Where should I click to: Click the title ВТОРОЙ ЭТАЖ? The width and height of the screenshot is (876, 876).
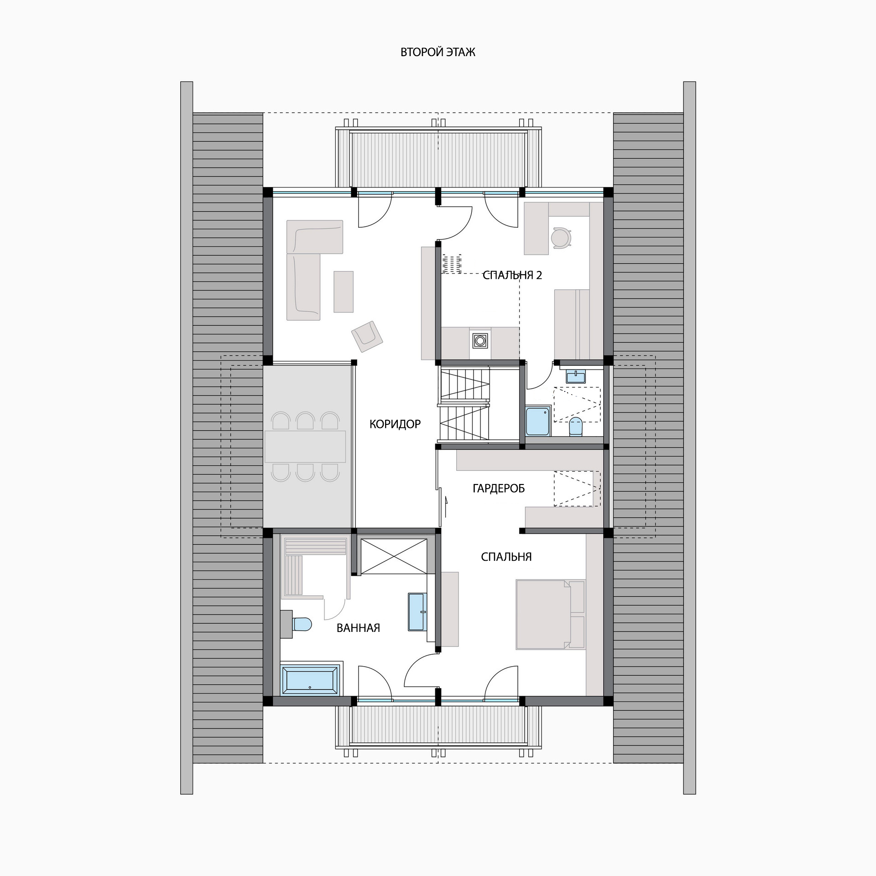point(438,52)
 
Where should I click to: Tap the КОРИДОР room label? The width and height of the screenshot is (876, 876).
point(395,424)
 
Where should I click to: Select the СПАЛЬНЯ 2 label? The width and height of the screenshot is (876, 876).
point(512,275)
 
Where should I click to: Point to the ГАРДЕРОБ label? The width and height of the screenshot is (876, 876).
point(499,489)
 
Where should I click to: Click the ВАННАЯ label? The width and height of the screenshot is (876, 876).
point(358,628)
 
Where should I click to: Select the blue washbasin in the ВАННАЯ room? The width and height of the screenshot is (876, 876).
point(417,612)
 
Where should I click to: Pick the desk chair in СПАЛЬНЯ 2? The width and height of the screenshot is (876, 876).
point(561,238)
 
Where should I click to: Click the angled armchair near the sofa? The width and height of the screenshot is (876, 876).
point(367,336)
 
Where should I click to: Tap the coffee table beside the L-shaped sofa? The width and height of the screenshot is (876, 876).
point(344,292)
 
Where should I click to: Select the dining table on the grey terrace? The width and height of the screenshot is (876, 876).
point(305,447)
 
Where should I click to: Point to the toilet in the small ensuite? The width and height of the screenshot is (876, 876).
point(576,427)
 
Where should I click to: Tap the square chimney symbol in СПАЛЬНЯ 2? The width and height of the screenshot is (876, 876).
point(480,340)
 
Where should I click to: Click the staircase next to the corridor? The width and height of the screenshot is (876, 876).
point(464,404)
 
